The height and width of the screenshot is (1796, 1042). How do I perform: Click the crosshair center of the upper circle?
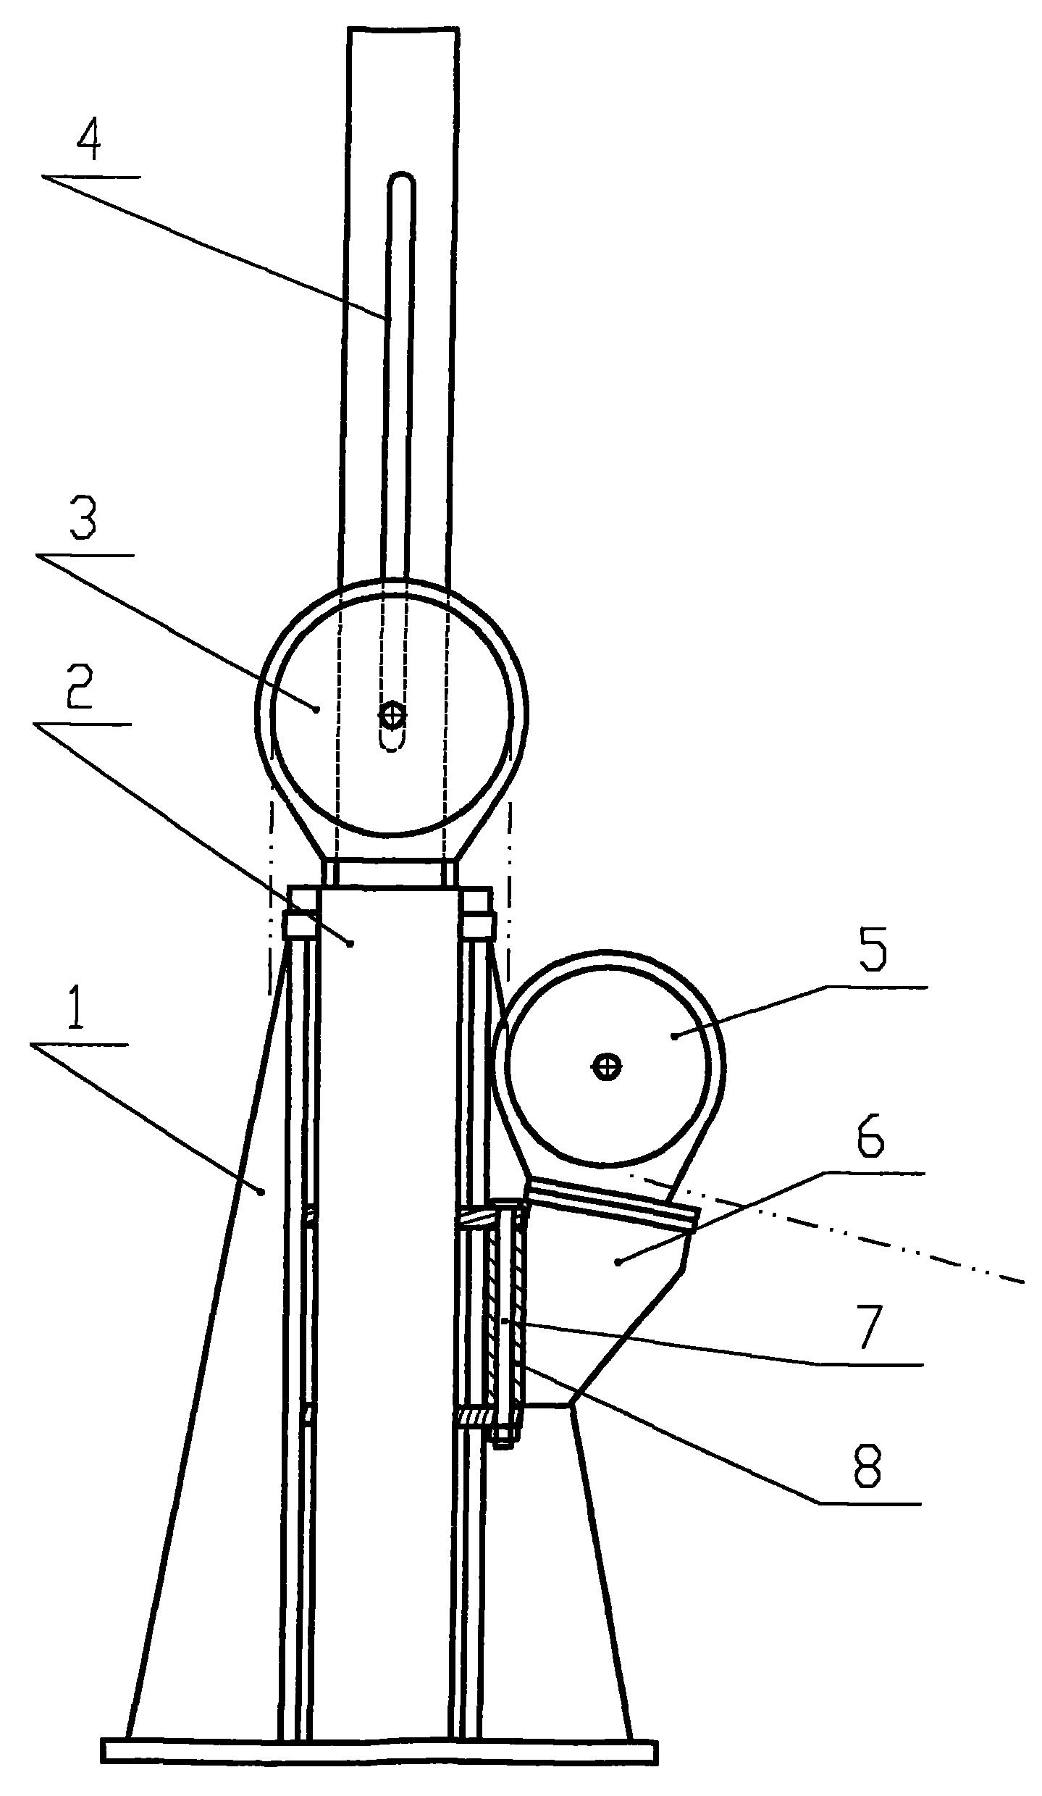click(x=392, y=716)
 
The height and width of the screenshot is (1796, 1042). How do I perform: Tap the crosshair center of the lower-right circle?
click(x=607, y=1066)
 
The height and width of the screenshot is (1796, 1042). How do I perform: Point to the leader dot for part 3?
click(x=316, y=709)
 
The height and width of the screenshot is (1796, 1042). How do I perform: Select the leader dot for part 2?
click(x=351, y=943)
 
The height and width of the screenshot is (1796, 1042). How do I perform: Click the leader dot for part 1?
click(x=264, y=1190)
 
